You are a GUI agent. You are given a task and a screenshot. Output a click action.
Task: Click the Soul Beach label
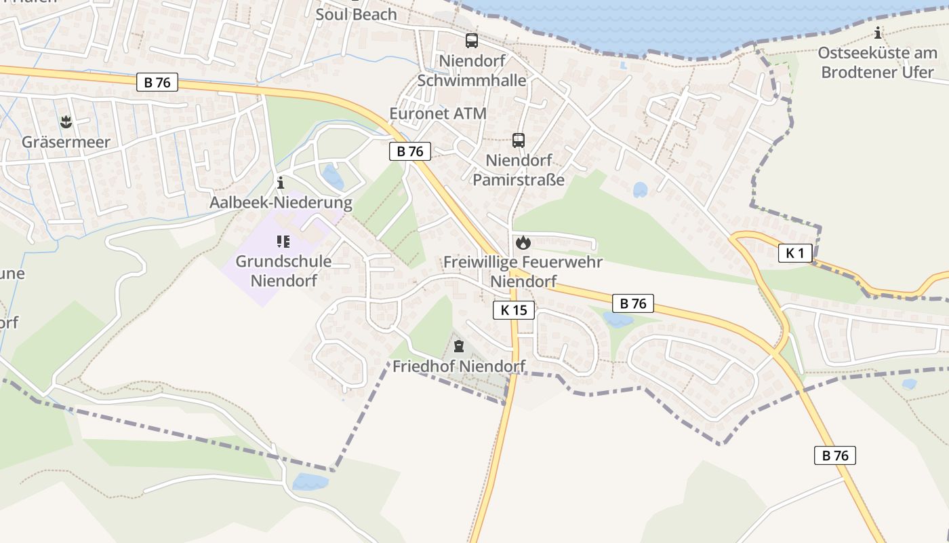coord(356,14)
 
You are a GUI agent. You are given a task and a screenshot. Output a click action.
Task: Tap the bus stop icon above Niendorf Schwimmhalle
coord(471,40)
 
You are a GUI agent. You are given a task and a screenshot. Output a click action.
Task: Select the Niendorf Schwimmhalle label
coord(472,71)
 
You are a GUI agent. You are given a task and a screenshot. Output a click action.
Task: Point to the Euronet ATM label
coord(438,113)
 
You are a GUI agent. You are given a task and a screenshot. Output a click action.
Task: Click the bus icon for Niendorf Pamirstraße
coord(519,141)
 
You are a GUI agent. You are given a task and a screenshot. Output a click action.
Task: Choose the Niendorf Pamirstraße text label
coord(519,170)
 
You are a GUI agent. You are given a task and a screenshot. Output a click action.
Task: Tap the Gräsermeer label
coord(66,143)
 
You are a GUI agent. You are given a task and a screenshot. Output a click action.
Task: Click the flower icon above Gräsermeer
coord(66,122)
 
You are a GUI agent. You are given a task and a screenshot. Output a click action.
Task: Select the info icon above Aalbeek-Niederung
coord(281,183)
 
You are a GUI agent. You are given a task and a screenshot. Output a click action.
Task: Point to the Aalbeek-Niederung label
coord(281,202)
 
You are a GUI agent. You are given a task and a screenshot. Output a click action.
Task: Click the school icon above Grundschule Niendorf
coord(283,241)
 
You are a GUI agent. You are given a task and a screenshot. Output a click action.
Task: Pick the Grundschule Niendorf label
coord(283,270)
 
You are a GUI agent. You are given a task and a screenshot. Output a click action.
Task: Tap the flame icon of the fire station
coord(523,242)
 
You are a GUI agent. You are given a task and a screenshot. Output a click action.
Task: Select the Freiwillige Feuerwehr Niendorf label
coord(523,271)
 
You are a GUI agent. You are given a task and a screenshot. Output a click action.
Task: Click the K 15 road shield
coord(514,310)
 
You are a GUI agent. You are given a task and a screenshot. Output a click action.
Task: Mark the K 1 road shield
coord(795,253)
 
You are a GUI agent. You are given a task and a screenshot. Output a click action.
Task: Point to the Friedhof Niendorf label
coord(460,367)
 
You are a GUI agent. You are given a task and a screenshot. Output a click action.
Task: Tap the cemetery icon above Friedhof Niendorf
coord(459,347)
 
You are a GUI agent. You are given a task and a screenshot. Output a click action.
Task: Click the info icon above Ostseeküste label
coord(879,33)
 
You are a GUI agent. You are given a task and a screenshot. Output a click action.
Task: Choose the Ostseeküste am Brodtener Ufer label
coord(878,62)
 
